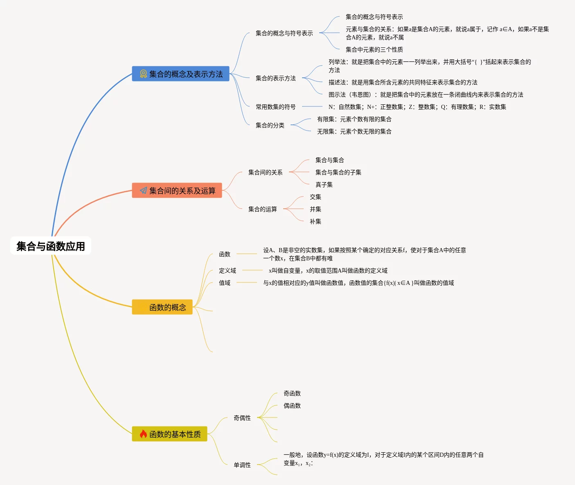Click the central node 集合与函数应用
pos(51,246)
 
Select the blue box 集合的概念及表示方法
pos(180,74)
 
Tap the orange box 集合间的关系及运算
pos(177,191)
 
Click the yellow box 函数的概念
pos(162,307)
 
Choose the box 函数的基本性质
pos(169,434)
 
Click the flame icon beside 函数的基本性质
pos(143,434)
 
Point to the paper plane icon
pos(143,191)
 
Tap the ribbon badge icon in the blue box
pos(143,74)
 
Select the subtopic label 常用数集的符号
pos(275,107)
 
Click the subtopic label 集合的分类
pos(270,125)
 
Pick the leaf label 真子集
pos(324,185)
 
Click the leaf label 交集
pos(315,197)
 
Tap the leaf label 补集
pos(315,221)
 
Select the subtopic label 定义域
pos(227,271)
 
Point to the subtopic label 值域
pos(224,283)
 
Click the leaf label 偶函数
pos(292,406)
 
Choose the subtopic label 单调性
pos(242,465)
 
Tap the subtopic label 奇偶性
pos(242,418)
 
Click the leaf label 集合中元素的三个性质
pos(374,50)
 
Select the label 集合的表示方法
pos(275,78)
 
